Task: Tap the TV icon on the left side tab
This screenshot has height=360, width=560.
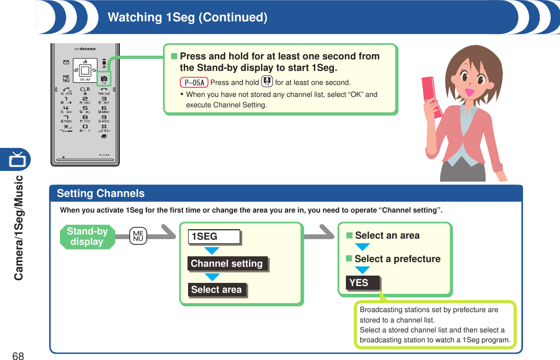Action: pos(17,159)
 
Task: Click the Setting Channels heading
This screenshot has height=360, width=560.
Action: pos(101,193)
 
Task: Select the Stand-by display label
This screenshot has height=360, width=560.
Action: pos(87,237)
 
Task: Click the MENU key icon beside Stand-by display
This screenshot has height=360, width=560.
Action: pos(139,236)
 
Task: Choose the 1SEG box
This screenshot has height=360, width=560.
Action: pos(214,237)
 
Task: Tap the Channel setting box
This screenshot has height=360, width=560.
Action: pos(227,264)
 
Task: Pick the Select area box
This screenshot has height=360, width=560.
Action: pos(217,290)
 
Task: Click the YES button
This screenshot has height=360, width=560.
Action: pos(363,283)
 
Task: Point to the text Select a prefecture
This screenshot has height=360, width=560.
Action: pos(397,259)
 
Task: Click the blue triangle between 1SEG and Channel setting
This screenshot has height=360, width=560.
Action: pos(211,251)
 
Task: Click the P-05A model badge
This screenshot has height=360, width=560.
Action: pos(194,82)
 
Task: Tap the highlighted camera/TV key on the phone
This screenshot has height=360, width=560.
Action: pos(104,78)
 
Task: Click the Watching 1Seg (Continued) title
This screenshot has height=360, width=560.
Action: pos(188,17)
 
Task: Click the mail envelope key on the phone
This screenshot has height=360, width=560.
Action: pos(66,63)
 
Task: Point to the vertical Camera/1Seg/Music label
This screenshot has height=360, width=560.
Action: pos(19,228)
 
